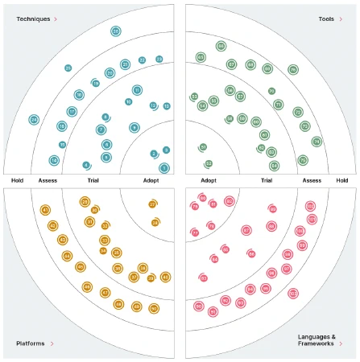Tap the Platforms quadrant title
[x=31, y=343]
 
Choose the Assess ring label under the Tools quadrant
[x=312, y=181]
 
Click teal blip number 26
[x=116, y=31]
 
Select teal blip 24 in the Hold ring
[x=34, y=120]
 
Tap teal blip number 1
[x=164, y=168]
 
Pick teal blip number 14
[x=54, y=160]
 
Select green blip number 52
[x=209, y=163]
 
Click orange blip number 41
[x=45, y=211]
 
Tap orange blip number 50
[x=154, y=308]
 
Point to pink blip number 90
[x=198, y=306]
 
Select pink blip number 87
[x=246, y=231]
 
